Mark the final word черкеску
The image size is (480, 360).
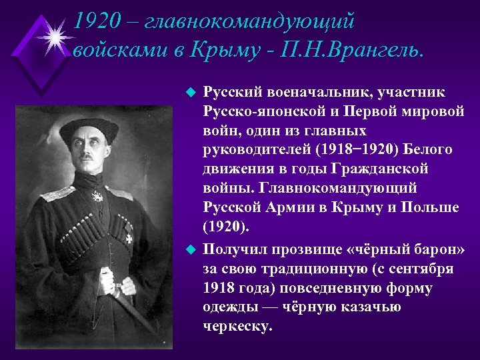(x=238, y=327)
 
